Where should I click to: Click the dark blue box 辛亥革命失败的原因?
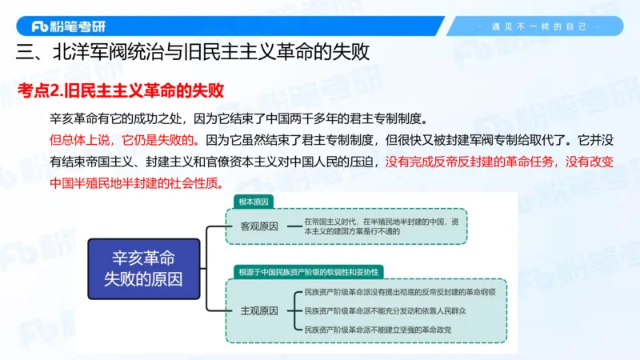[x=143, y=269]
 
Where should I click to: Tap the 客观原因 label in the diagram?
[x=259, y=226]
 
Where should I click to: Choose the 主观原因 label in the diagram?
[x=259, y=310]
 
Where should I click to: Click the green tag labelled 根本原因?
[x=254, y=201]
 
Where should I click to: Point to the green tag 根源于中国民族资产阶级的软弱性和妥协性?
[x=309, y=272]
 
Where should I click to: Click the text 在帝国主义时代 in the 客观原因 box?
[x=329, y=221]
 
